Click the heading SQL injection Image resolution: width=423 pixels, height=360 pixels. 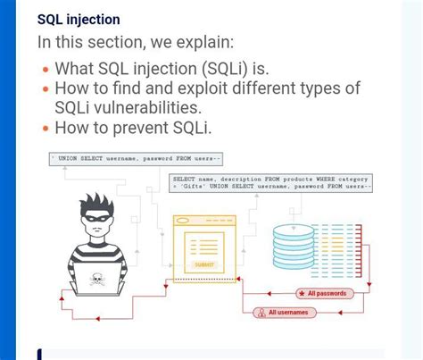click(x=79, y=19)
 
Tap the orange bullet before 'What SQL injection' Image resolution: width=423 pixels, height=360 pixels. click(x=46, y=69)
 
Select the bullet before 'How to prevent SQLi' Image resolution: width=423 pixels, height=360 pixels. click(x=46, y=128)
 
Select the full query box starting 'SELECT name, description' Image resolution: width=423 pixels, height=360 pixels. click(x=270, y=183)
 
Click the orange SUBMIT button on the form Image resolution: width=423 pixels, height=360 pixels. click(x=204, y=264)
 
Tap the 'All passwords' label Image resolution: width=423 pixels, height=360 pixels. click(x=324, y=293)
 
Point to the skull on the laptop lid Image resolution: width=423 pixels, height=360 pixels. click(x=97, y=280)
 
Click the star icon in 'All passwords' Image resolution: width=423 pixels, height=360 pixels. click(x=302, y=293)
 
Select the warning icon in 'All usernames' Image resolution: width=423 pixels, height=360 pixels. click(x=260, y=313)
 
